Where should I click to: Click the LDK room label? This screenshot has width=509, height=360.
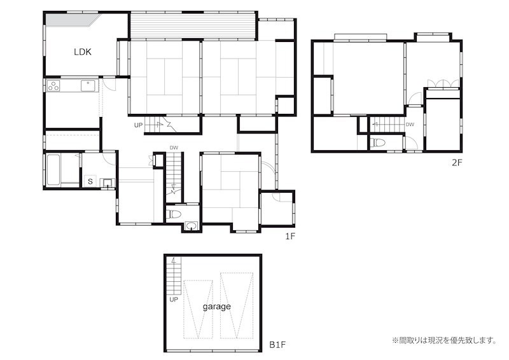(x=83, y=52)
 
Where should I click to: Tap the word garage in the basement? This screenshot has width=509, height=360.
(x=217, y=306)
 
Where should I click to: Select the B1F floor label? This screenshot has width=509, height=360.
(x=277, y=345)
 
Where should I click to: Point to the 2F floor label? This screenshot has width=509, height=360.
(x=457, y=163)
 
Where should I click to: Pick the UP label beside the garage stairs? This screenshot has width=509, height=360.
(x=173, y=299)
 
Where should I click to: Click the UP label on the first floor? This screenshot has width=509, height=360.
(x=138, y=125)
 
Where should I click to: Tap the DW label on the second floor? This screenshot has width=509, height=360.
(x=410, y=125)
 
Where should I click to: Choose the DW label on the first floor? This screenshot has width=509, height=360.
(x=174, y=148)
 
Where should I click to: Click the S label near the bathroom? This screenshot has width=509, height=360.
(x=90, y=182)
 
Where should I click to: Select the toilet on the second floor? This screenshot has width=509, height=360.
(x=377, y=143)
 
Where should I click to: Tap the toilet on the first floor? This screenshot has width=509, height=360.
(x=174, y=214)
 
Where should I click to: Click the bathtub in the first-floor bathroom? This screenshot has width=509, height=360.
(x=53, y=170)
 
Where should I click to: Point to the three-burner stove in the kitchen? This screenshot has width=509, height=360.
(x=53, y=85)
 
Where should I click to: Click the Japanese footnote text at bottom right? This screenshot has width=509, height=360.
(x=443, y=340)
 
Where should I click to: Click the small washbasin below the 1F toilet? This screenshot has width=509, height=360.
(x=192, y=226)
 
